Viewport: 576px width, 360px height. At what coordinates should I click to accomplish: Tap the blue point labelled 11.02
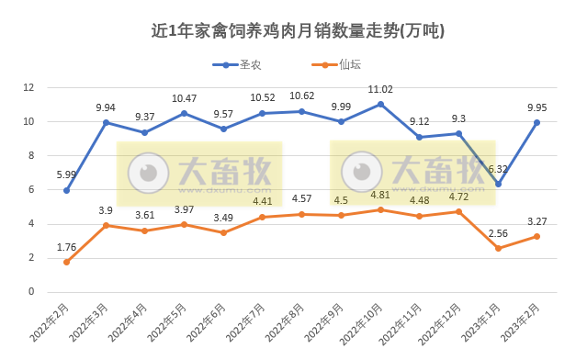(380, 105)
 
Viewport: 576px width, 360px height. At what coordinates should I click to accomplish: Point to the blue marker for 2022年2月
(67, 190)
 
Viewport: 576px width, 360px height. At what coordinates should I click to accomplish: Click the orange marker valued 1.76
(67, 262)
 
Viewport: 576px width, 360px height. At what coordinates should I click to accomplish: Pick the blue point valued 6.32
(498, 184)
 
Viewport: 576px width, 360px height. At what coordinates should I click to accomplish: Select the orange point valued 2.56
(498, 248)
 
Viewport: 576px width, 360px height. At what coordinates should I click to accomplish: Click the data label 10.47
(185, 98)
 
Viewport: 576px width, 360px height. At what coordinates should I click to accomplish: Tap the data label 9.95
(536, 107)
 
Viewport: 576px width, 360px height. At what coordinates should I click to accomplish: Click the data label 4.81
(380, 195)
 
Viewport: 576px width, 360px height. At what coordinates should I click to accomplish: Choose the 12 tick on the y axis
(28, 87)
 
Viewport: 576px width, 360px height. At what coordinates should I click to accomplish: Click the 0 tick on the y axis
(31, 292)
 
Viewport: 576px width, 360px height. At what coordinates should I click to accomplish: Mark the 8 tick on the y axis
(31, 155)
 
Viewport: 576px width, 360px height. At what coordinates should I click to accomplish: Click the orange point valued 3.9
(107, 225)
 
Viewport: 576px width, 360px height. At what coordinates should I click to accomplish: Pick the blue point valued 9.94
(107, 122)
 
